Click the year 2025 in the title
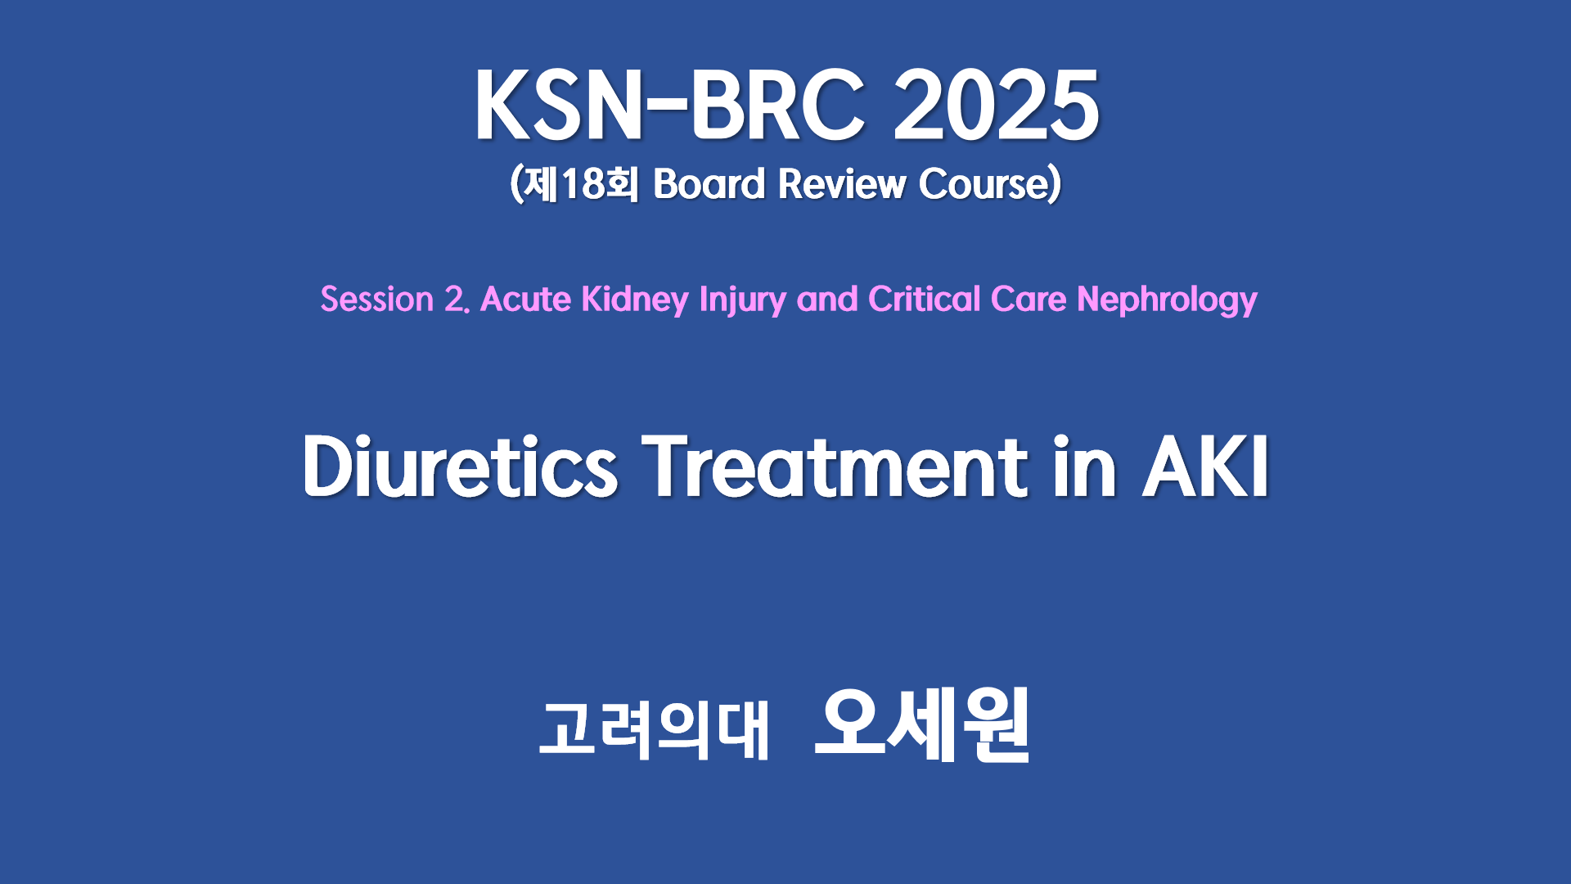tap(996, 106)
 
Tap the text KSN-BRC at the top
tap(670, 106)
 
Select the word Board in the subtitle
tap(709, 184)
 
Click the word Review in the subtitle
tap(841, 184)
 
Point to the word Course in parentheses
tap(984, 184)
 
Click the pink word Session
tap(376, 300)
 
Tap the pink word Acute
tap(525, 300)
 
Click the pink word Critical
tap(924, 300)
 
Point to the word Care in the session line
tap(1029, 300)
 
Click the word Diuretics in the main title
tap(461, 467)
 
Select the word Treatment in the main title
tap(835, 467)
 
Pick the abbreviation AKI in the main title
tap(1206, 467)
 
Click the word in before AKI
tap(1085, 467)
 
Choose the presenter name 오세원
tap(922, 725)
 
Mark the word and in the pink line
tap(827, 300)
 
